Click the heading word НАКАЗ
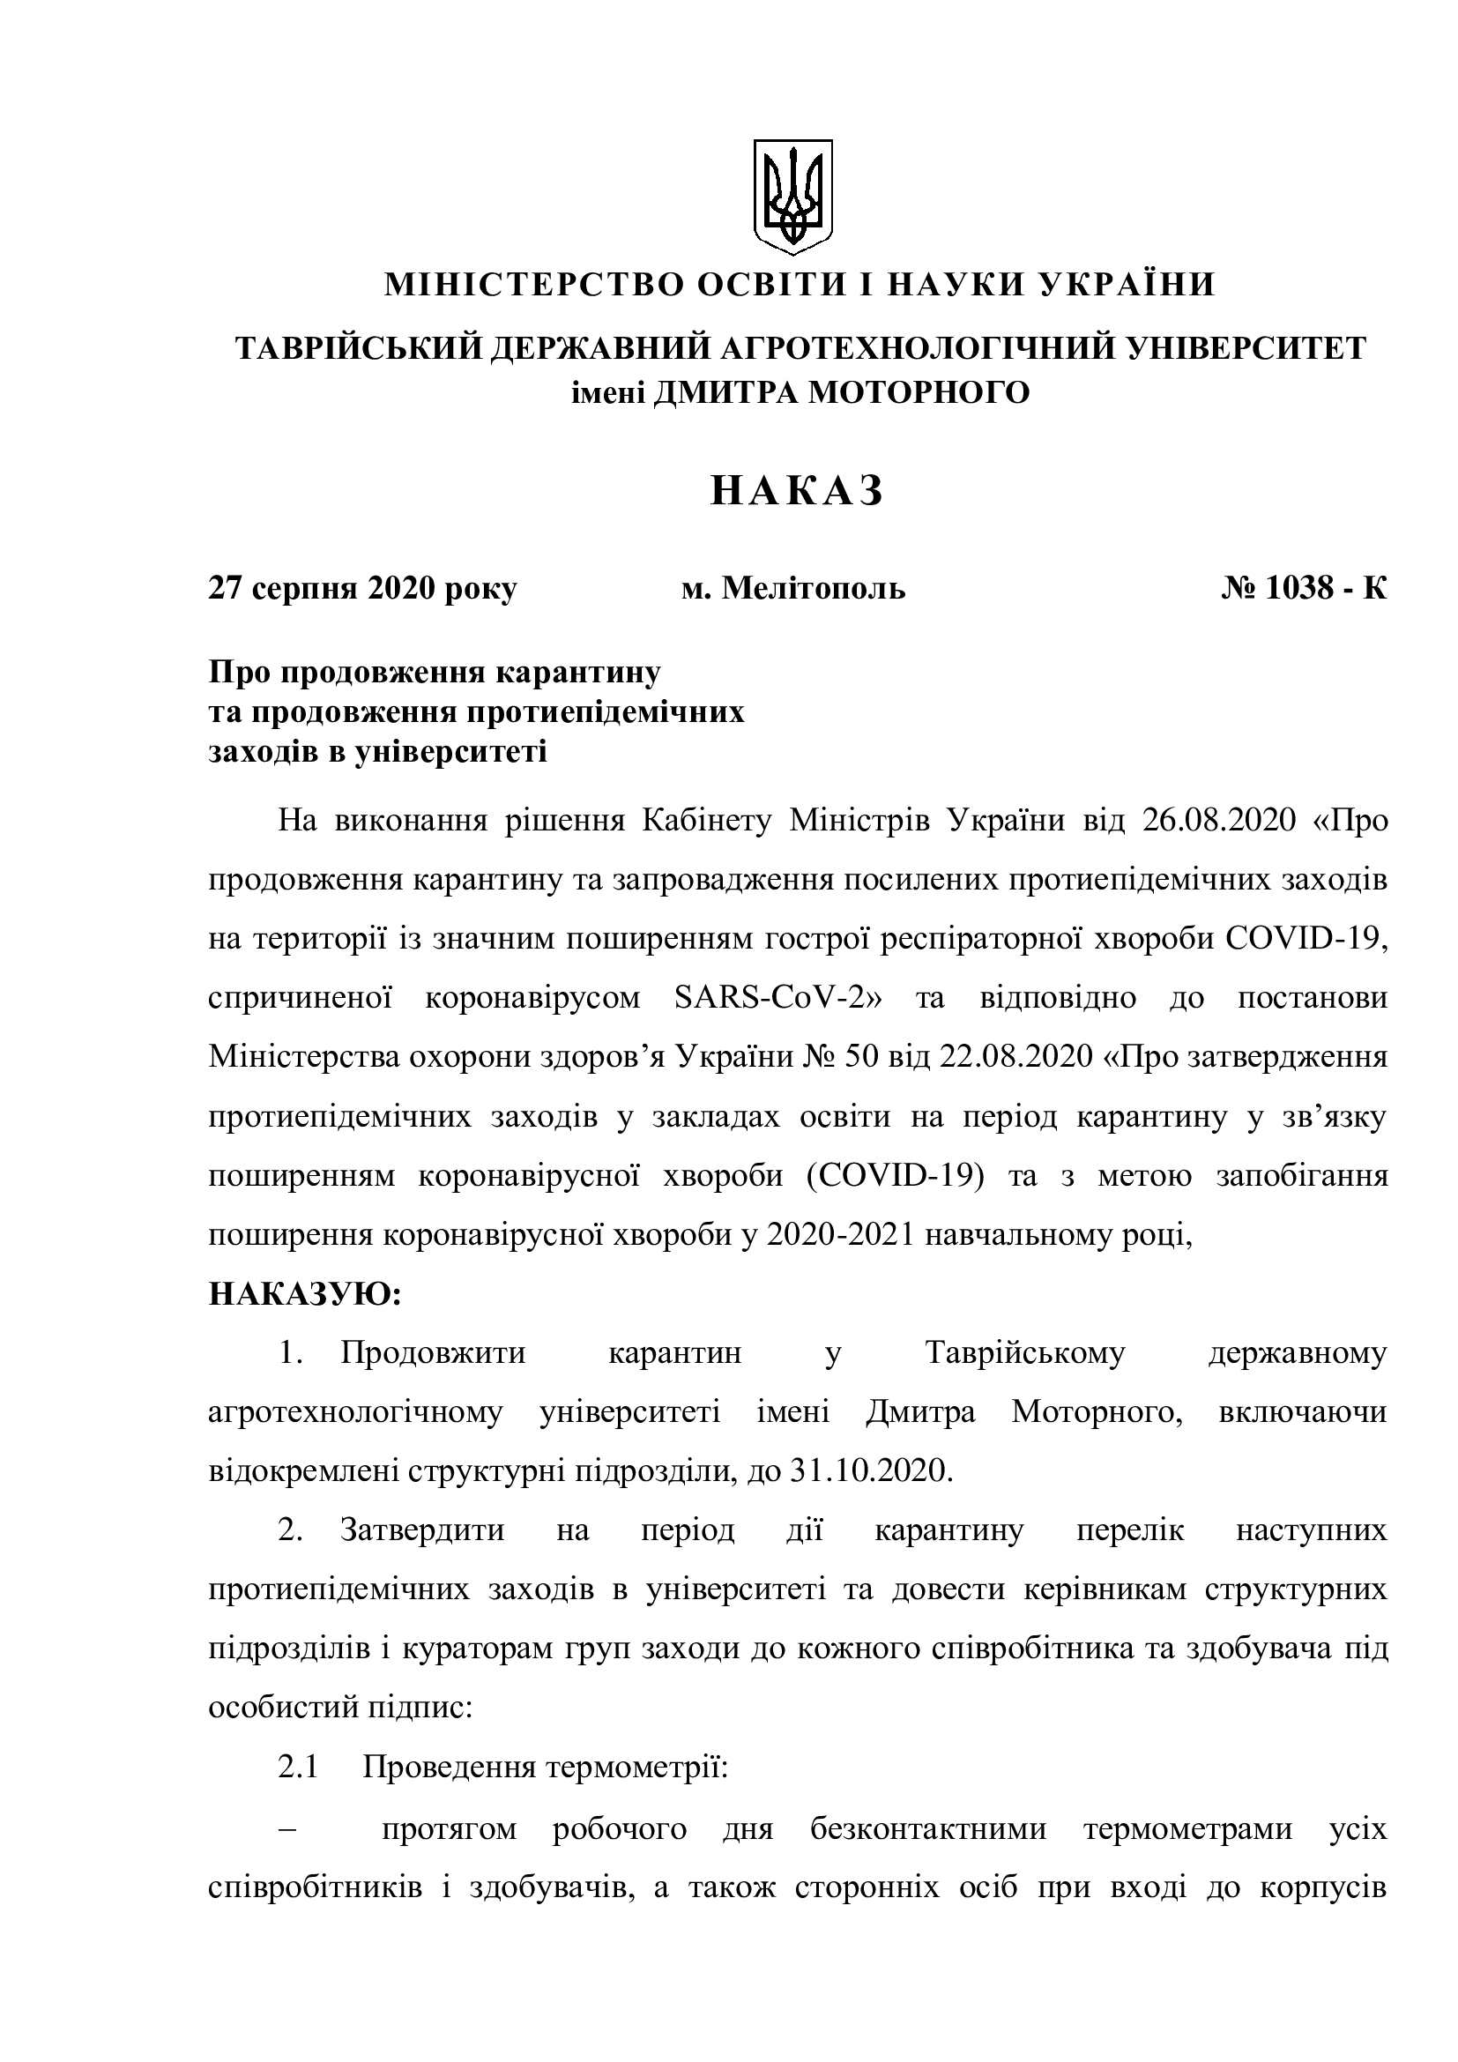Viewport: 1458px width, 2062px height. pyautogui.click(x=797, y=492)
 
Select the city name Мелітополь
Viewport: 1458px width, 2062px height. pyautogui.click(x=814, y=589)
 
